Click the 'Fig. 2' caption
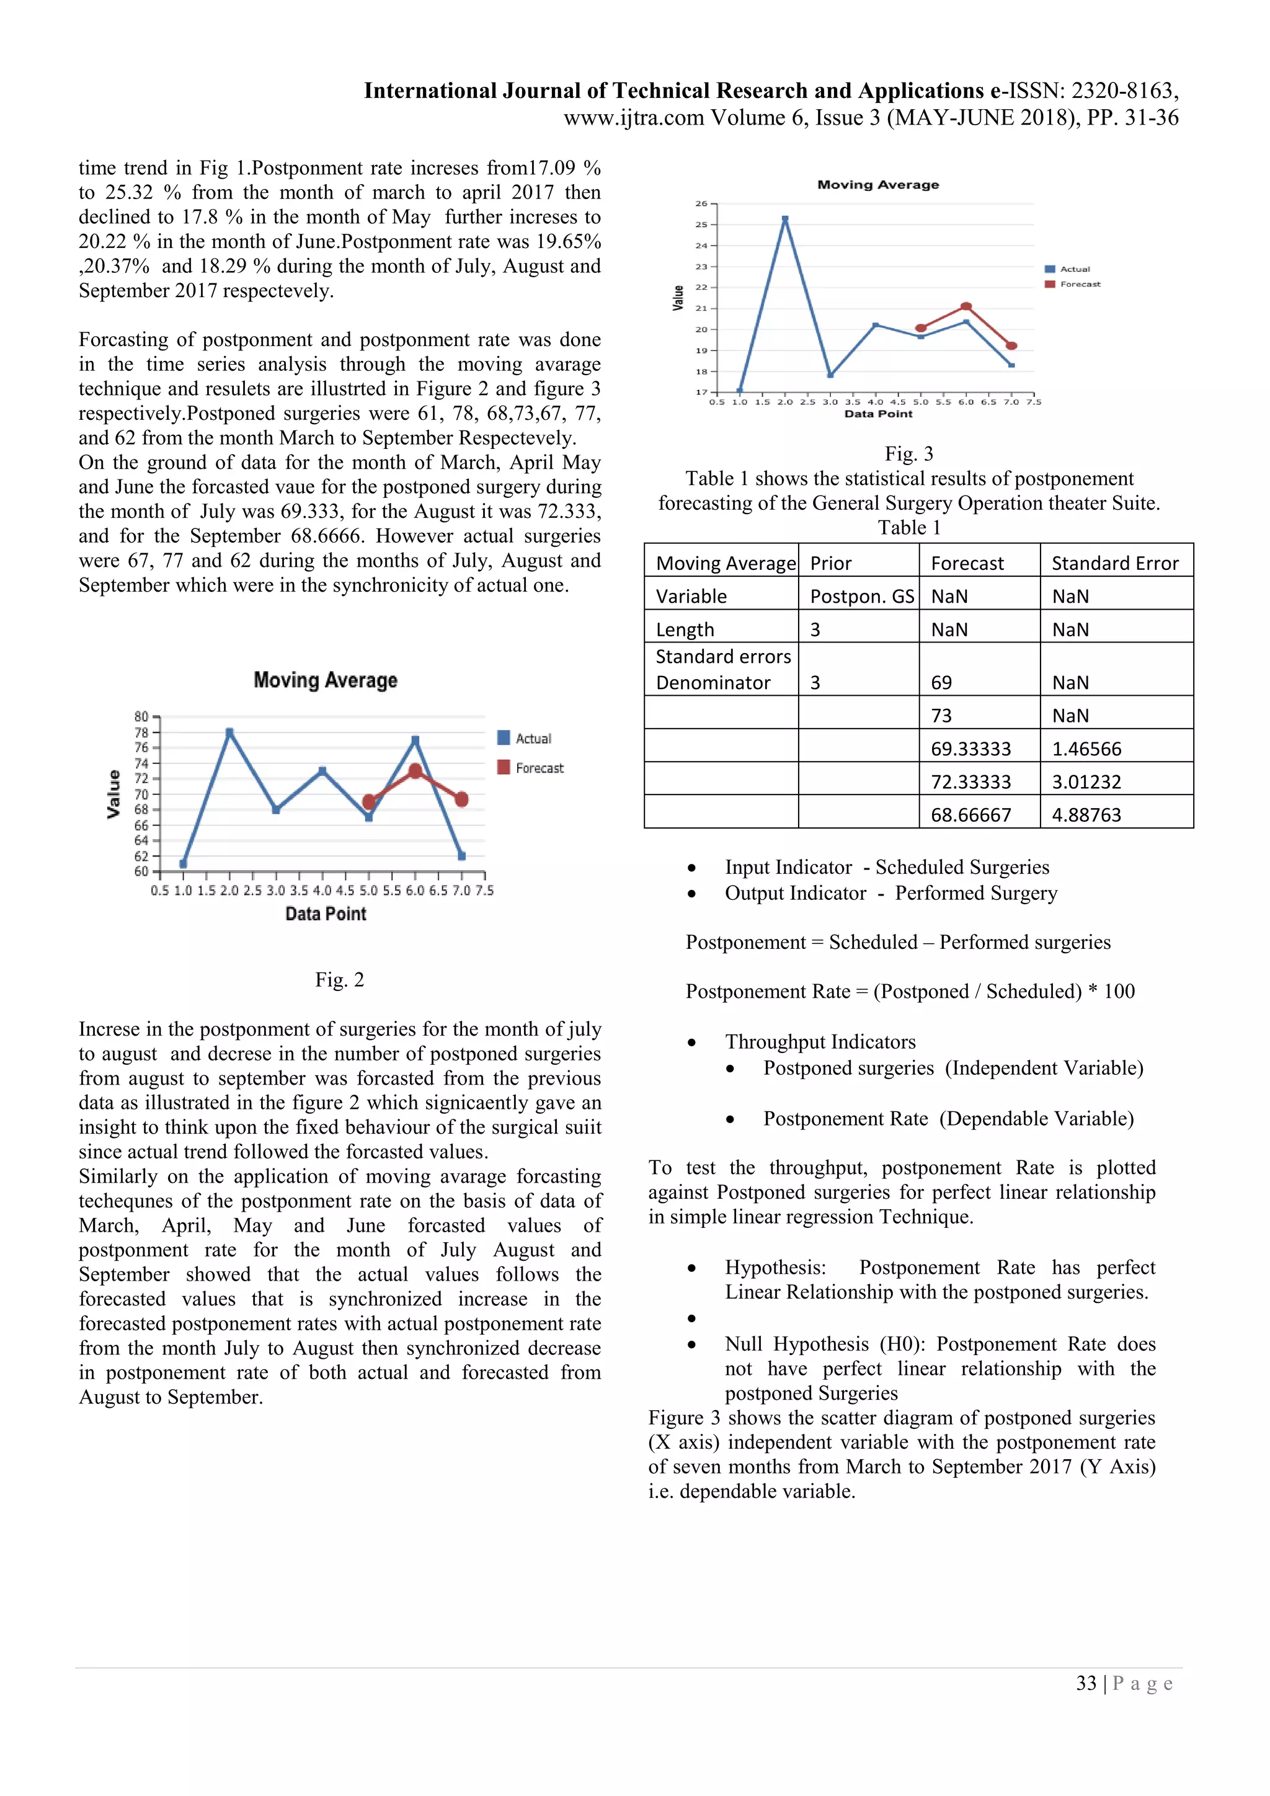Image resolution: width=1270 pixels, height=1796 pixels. [x=339, y=979]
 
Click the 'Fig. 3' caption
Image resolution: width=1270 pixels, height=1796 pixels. [x=908, y=454]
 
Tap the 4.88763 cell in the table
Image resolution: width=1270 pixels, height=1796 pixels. [x=1086, y=814]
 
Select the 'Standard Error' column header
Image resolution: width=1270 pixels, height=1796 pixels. [x=1114, y=563]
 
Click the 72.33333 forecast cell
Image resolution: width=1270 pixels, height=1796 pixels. [x=970, y=781]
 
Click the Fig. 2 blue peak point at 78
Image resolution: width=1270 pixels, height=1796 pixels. [x=229, y=733]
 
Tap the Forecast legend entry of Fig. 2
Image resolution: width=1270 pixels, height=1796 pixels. [x=530, y=768]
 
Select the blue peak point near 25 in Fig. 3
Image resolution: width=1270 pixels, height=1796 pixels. [x=785, y=219]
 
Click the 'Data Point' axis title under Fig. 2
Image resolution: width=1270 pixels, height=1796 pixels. [x=326, y=914]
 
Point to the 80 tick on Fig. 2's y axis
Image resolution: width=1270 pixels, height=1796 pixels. [x=141, y=716]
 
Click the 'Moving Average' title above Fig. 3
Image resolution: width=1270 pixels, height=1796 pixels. [x=877, y=185]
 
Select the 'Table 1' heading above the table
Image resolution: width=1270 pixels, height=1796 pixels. [x=908, y=527]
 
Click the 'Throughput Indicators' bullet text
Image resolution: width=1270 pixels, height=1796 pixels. [x=820, y=1042]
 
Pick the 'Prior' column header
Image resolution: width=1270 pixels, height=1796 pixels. [x=830, y=563]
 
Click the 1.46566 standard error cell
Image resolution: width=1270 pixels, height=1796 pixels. [x=1086, y=749]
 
